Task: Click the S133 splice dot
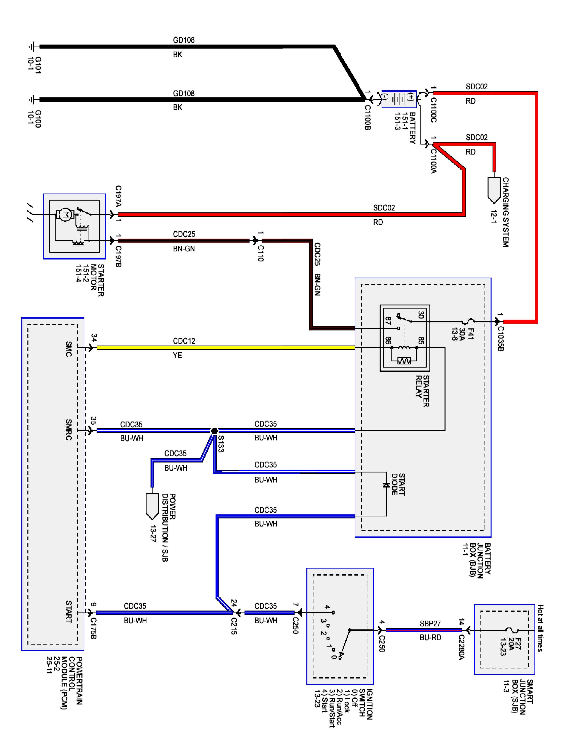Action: [214, 431]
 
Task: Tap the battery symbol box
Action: [399, 99]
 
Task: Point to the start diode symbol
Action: [386, 485]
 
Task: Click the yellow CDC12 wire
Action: [225, 348]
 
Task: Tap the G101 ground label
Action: [34, 65]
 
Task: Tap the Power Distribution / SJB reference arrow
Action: [152, 506]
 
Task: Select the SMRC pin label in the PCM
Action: [69, 430]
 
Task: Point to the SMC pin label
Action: [69, 349]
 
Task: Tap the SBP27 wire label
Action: [430, 624]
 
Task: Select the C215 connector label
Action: [234, 626]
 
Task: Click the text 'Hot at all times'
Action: [540, 628]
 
